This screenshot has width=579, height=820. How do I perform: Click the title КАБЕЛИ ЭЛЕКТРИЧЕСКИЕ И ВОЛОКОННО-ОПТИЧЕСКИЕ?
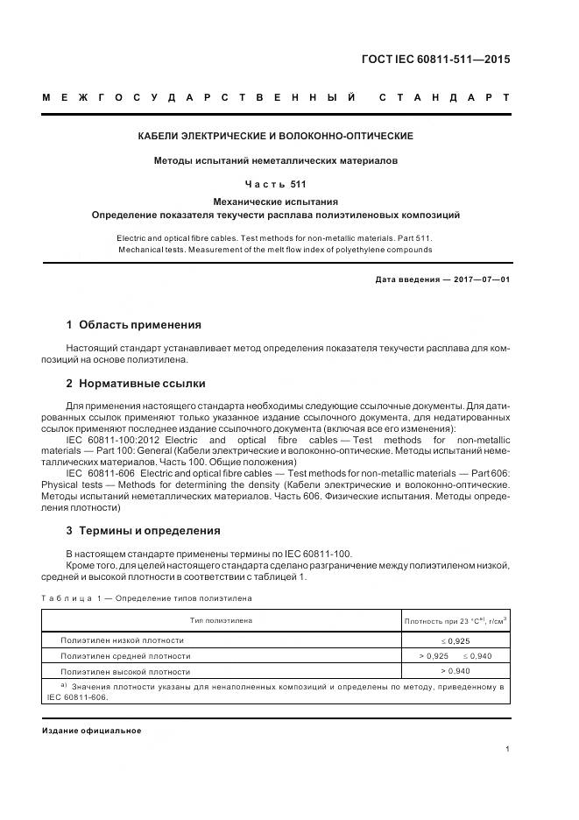coord(276,137)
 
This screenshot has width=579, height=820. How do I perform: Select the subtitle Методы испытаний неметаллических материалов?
coord(276,161)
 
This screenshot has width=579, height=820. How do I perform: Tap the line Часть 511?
coord(276,185)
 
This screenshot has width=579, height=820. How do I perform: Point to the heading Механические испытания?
coord(276,201)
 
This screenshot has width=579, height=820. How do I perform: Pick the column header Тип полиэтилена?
coord(222,620)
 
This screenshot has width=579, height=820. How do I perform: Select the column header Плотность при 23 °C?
coord(455,620)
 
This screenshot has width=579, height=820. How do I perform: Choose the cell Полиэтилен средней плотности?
coord(124,655)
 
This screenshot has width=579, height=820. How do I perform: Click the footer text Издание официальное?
coord(91,730)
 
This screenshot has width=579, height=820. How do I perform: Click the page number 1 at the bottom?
coord(508,748)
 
